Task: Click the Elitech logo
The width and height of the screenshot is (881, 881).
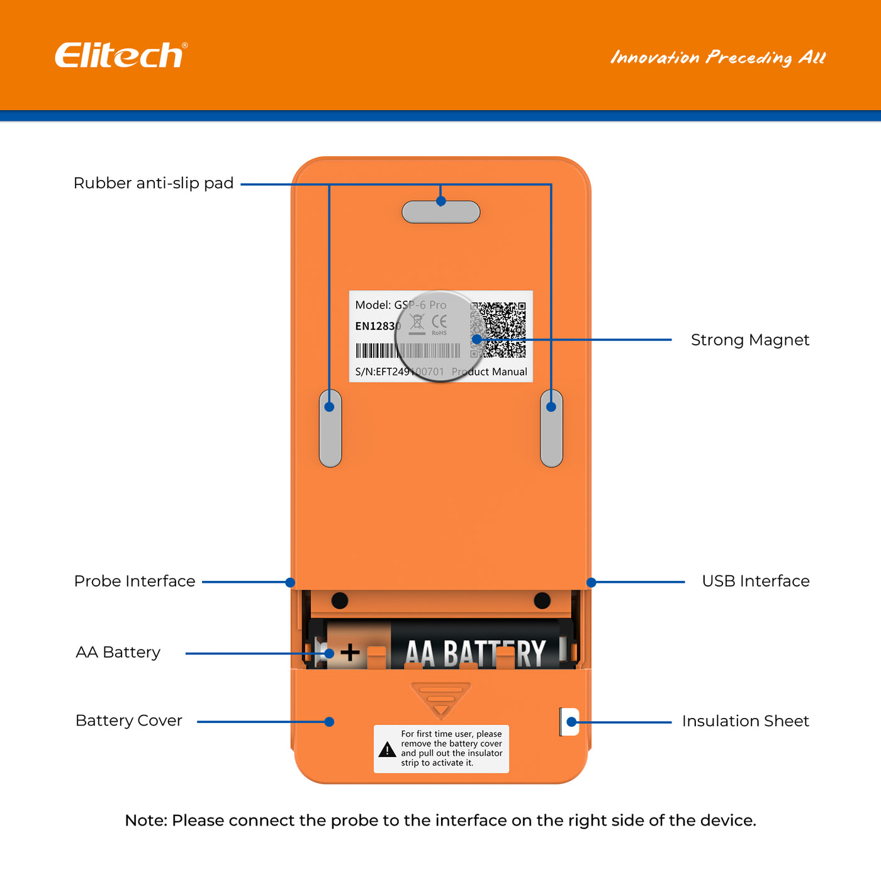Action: pos(120,55)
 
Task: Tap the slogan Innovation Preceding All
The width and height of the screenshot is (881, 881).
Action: pos(717,58)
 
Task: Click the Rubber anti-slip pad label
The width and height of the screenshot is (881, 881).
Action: pos(154,183)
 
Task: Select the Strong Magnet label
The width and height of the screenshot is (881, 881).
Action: pos(749,340)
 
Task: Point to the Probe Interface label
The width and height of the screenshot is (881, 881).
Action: pos(135,581)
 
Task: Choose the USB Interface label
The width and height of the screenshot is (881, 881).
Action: pos(755,581)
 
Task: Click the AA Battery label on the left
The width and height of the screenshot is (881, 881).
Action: pos(118,652)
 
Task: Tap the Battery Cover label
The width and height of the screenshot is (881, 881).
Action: pos(128,721)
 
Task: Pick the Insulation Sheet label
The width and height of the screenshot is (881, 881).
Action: pos(745,721)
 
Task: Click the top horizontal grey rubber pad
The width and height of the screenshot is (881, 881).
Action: pos(441,212)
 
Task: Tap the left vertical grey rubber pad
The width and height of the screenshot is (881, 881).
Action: pos(330,429)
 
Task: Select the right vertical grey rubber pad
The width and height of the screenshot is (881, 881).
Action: pos(551,429)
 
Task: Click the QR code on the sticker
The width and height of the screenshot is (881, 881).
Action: pos(498,330)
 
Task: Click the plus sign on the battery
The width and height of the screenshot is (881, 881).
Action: pos(350,652)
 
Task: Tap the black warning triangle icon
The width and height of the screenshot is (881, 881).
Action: pos(387,749)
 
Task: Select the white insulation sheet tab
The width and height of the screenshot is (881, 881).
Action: pos(569,722)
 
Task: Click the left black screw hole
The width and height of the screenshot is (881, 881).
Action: pos(340,600)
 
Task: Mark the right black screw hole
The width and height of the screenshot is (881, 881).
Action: pos(542,600)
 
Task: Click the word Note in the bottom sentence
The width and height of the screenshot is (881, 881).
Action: pos(145,821)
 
